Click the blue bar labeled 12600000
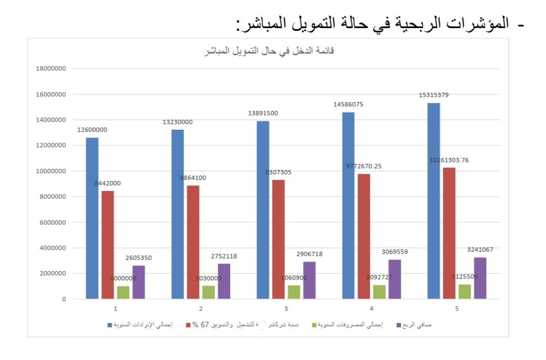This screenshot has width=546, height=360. (92, 218)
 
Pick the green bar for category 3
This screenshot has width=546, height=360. (293, 292)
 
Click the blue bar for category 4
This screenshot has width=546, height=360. (348, 205)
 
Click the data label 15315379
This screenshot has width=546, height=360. (434, 95)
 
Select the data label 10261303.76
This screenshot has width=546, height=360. (449, 160)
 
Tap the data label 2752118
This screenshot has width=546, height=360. (224, 256)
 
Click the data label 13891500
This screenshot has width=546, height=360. (263, 113)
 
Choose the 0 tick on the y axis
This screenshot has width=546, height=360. (64, 299)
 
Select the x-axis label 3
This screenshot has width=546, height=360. (286, 308)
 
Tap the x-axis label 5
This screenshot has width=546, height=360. (456, 308)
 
